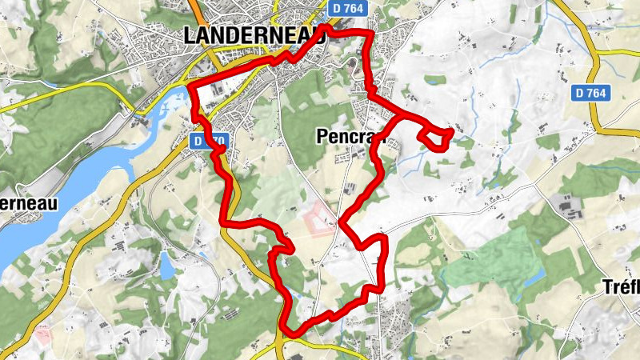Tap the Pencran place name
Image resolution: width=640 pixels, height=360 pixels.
coord(346,138)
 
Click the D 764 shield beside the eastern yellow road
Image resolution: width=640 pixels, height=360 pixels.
coord(591,94)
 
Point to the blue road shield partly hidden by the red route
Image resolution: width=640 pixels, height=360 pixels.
coord(210,141)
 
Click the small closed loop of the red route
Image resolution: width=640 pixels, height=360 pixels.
coord(435,138)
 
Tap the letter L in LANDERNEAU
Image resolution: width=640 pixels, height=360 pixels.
coord(191,36)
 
